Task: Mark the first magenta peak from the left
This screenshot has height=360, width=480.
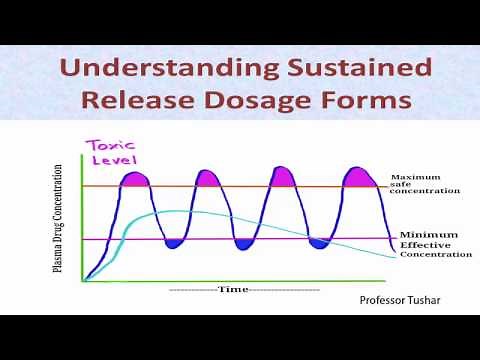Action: [x=135, y=180]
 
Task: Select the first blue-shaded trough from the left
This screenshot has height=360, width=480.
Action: [x=172, y=243]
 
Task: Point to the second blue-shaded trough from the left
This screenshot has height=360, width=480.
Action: [x=244, y=243]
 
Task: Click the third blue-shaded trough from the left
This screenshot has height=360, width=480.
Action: [x=319, y=243]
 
